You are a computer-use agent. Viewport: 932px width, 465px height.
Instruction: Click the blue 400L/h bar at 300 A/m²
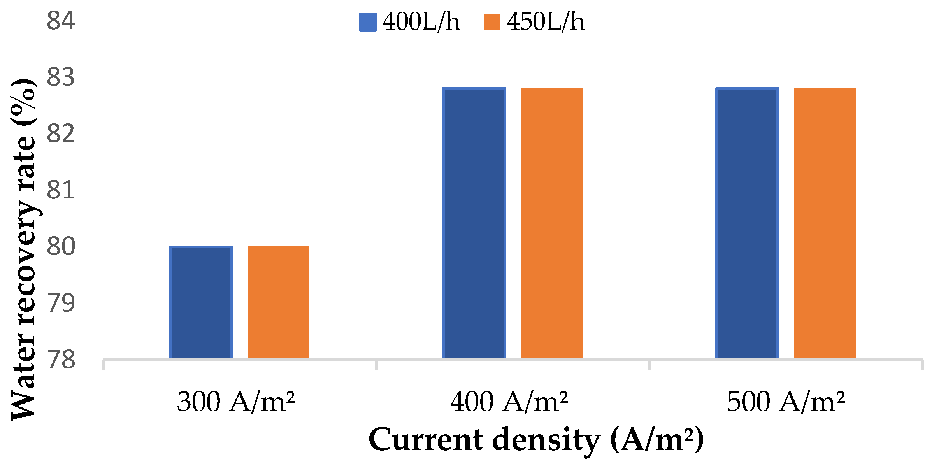pos(201,302)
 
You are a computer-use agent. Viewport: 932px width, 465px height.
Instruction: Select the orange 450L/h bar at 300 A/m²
pos(278,302)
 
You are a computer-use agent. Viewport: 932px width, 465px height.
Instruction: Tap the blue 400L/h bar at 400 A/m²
pos(474,223)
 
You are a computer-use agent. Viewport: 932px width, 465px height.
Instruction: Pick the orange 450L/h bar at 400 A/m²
pos(551,223)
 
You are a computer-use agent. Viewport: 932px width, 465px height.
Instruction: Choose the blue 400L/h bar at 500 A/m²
pos(747,223)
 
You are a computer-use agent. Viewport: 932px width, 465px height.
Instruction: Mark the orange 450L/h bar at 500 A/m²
pos(825,223)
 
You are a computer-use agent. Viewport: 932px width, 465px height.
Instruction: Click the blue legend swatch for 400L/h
pos(368,22)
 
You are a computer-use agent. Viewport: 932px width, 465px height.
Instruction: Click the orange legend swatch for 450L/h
pos(492,22)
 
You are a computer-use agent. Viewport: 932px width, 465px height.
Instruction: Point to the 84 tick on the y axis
pos(61,21)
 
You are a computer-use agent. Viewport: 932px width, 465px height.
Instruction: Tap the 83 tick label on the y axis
pos(61,77)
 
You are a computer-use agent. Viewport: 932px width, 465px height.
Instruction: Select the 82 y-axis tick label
pos(61,134)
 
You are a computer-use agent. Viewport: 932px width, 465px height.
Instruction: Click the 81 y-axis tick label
pos(61,190)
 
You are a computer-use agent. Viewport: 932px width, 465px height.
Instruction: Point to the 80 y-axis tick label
pos(61,247)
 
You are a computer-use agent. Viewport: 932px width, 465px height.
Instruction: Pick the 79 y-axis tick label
pos(61,303)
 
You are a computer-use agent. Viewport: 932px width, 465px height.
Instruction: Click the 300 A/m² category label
pos(236,402)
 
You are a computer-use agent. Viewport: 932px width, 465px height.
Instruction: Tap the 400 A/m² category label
pos(509,402)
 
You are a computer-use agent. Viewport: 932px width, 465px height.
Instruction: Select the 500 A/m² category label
pos(786,402)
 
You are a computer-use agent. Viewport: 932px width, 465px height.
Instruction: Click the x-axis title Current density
pos(536,440)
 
